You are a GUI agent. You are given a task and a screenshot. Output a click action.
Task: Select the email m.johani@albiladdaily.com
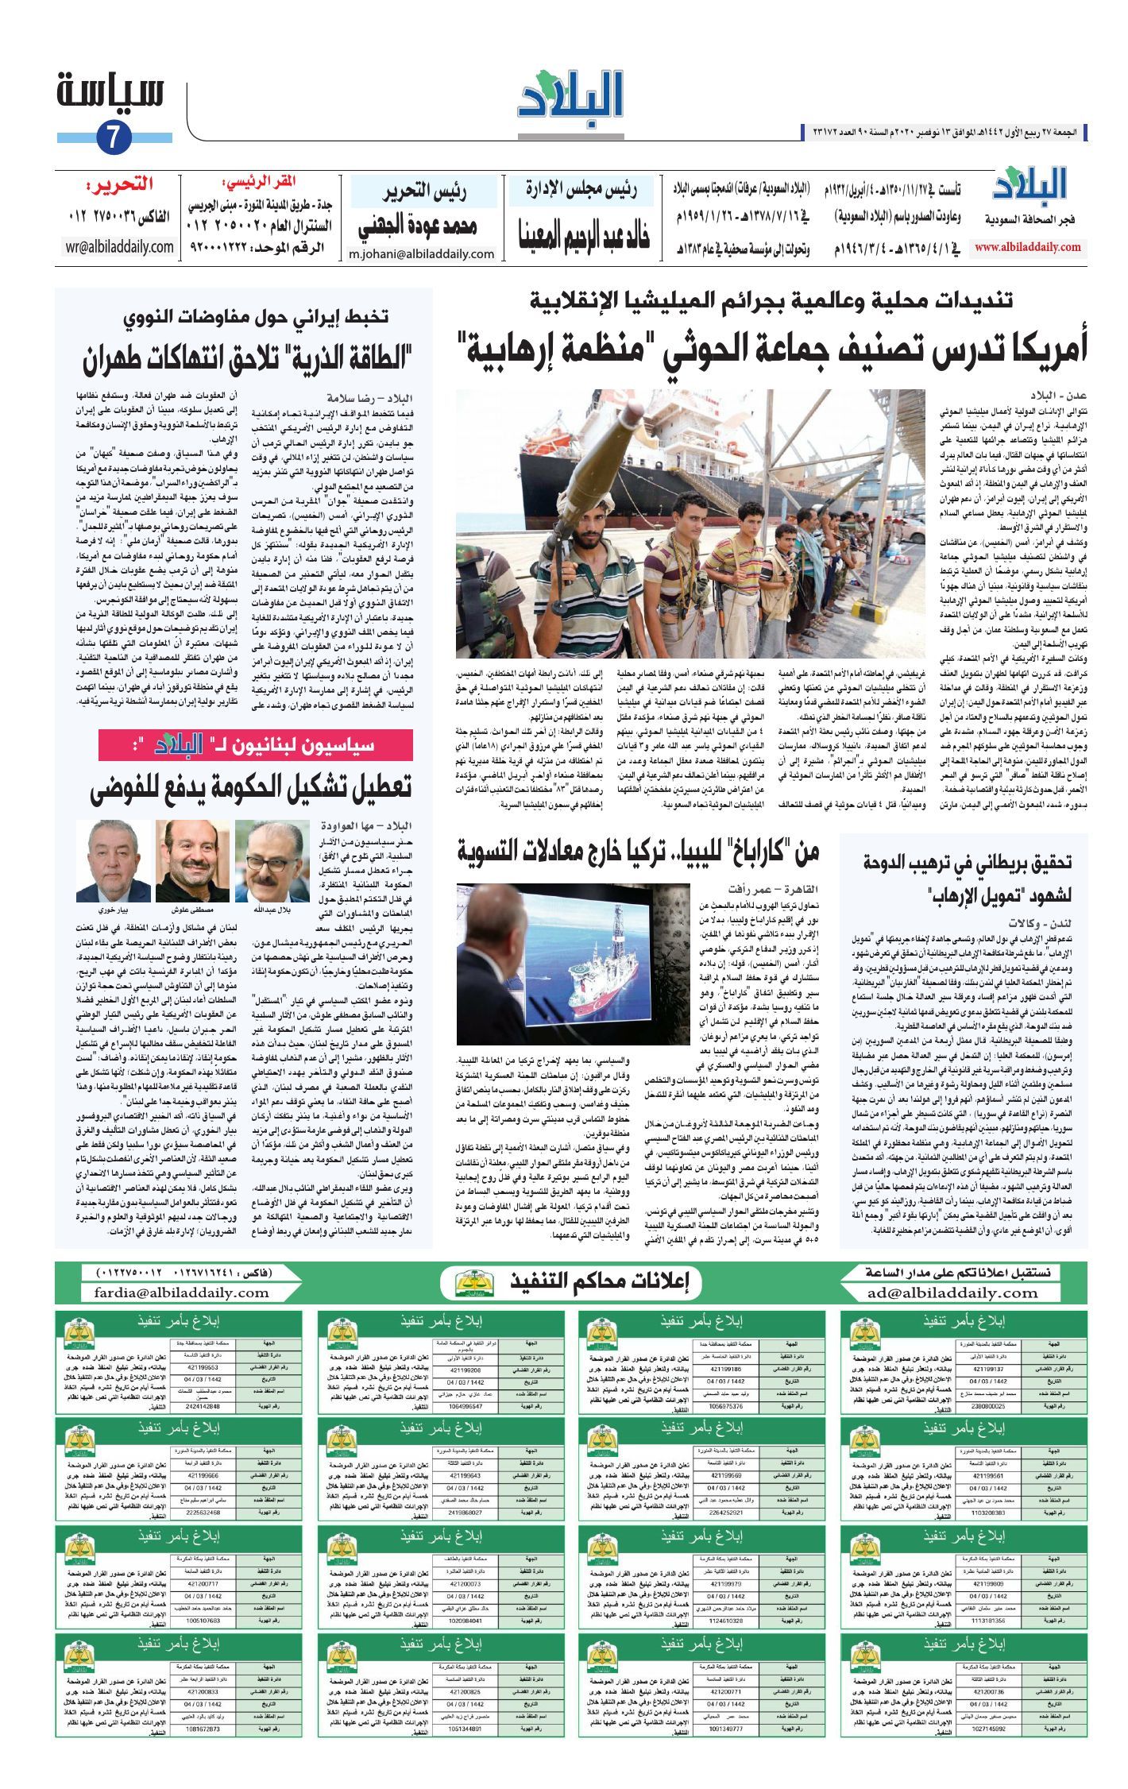click(421, 254)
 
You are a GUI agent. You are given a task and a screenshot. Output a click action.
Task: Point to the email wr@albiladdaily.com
click(120, 246)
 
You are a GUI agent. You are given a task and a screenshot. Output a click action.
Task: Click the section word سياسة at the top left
click(111, 91)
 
